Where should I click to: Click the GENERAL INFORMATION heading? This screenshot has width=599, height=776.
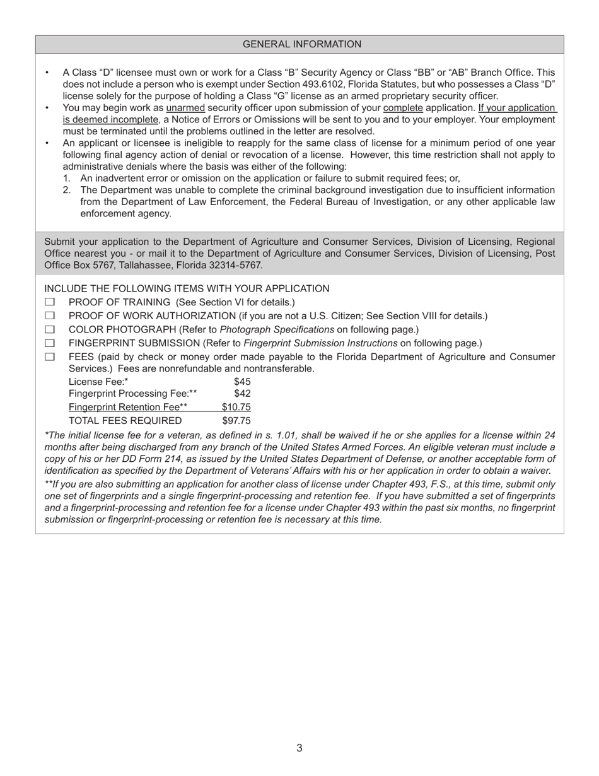click(x=302, y=44)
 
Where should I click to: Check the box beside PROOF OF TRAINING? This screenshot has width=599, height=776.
click(x=50, y=302)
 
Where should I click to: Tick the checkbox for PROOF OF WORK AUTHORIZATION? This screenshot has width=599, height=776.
click(x=50, y=316)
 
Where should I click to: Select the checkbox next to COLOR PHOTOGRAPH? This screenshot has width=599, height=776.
click(x=50, y=330)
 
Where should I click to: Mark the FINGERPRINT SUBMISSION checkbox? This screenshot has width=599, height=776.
click(x=50, y=344)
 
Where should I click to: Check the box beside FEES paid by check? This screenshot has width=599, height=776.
click(x=50, y=357)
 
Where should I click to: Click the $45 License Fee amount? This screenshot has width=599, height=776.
click(x=242, y=382)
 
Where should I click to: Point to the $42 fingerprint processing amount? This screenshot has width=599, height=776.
click(x=242, y=394)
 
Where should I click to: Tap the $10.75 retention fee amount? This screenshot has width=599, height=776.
click(x=236, y=407)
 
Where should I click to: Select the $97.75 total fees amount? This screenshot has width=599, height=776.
click(x=236, y=421)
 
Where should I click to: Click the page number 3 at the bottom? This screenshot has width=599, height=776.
click(x=299, y=748)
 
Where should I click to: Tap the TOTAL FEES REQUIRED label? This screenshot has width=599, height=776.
click(x=125, y=421)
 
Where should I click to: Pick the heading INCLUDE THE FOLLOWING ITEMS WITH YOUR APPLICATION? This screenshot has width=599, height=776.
click(x=187, y=289)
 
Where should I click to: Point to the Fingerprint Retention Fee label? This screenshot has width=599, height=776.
click(x=127, y=407)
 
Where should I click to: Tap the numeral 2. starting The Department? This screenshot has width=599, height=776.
click(x=67, y=191)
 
